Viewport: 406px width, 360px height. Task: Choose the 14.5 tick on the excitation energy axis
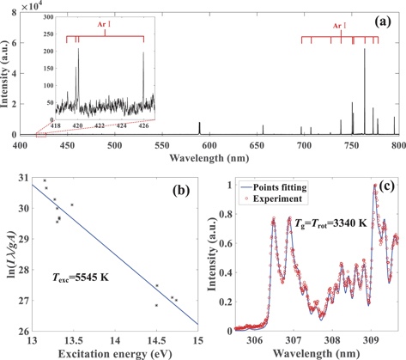point(156,340)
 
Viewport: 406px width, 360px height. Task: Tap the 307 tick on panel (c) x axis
point(294,340)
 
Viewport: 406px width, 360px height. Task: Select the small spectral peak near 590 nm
point(199,128)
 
